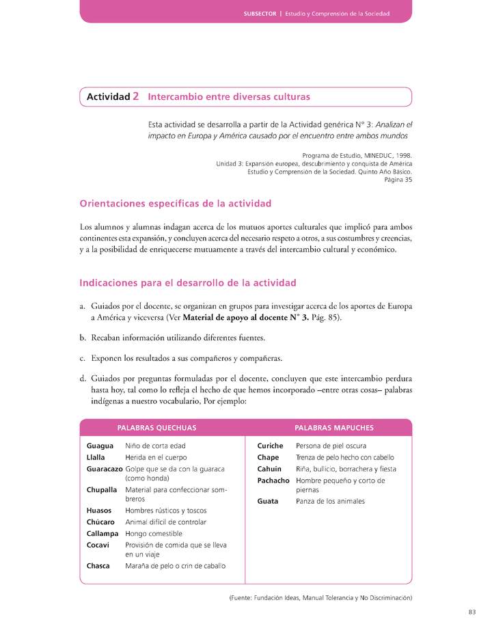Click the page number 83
click(x=472, y=612)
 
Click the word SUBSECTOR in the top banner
click(x=259, y=14)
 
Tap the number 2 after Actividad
click(x=136, y=97)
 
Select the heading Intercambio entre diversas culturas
click(x=229, y=97)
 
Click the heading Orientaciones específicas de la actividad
click(x=176, y=204)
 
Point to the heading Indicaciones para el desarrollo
click(x=188, y=282)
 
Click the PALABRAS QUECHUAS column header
click(x=157, y=428)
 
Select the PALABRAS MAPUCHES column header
click(x=333, y=428)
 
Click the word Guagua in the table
click(x=100, y=446)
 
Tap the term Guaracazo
click(x=105, y=469)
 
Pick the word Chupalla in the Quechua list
click(x=102, y=490)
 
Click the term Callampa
click(x=102, y=534)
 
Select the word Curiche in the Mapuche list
click(x=270, y=446)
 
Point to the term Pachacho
click(x=273, y=480)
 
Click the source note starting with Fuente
click(x=320, y=597)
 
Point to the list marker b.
click(x=83, y=338)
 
